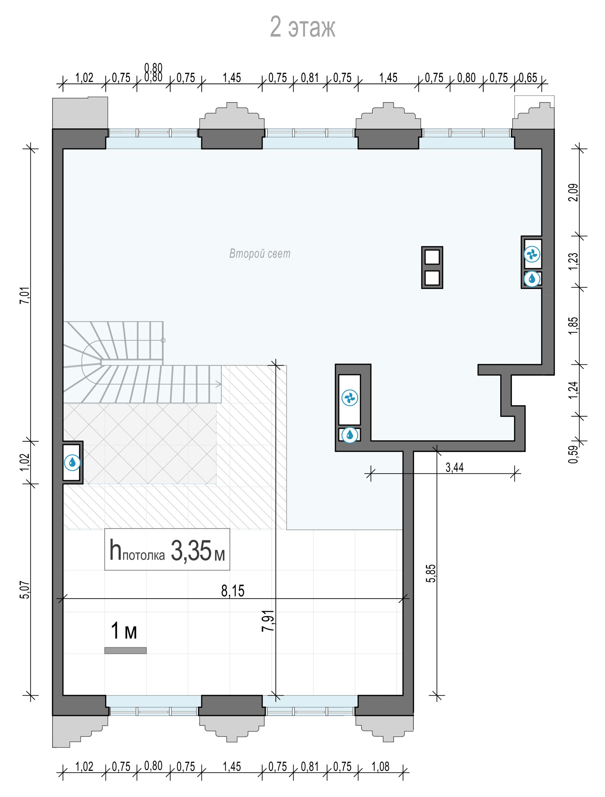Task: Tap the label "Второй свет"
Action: [x=259, y=254]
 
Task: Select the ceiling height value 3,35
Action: [x=191, y=550]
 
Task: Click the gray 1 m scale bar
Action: [x=125, y=650]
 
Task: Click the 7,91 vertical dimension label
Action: [x=268, y=620]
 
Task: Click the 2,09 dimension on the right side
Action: [x=573, y=193]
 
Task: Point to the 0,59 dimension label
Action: [x=573, y=454]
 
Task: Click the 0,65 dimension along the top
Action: [x=528, y=77]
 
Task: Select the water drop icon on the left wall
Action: [x=72, y=462]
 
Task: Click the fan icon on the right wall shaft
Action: [x=532, y=255]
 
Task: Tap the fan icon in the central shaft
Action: [x=350, y=398]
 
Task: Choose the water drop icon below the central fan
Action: [x=350, y=435]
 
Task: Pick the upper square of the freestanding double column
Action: [x=432, y=257]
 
